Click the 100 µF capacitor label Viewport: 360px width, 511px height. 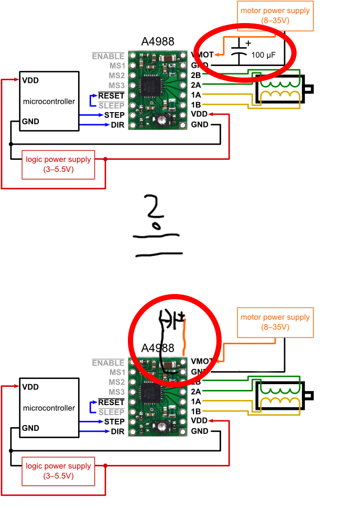264,55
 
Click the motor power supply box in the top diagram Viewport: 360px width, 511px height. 275,15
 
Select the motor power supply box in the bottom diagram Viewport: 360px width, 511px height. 275,322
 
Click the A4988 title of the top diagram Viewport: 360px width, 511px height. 158,41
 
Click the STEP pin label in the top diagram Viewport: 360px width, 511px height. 114,115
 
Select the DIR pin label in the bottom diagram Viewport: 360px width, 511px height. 117,431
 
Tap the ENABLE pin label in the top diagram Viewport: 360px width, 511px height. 108,56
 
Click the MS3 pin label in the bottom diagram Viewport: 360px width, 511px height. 116,392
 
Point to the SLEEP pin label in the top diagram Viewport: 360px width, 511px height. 111,105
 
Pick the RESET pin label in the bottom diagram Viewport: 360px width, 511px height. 111,402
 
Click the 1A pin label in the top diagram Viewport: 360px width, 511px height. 197,95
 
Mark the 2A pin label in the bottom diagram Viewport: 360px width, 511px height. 197,392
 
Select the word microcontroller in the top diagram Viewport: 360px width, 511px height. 49,101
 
